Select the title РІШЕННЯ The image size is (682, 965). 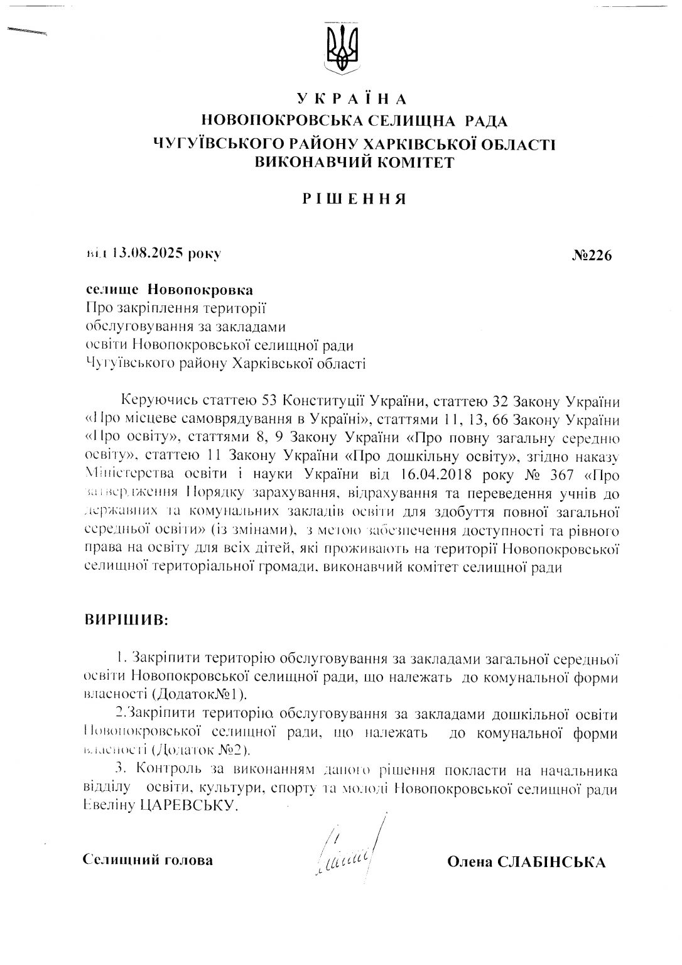pos(354,199)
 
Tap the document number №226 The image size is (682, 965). pos(592,255)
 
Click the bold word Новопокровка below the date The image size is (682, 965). pos(201,290)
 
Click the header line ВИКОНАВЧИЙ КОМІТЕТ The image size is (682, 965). pos(354,161)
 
